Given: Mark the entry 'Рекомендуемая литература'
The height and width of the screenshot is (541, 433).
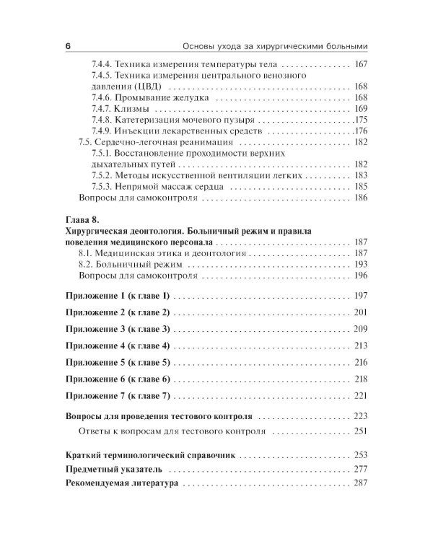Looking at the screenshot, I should pos(121,485).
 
